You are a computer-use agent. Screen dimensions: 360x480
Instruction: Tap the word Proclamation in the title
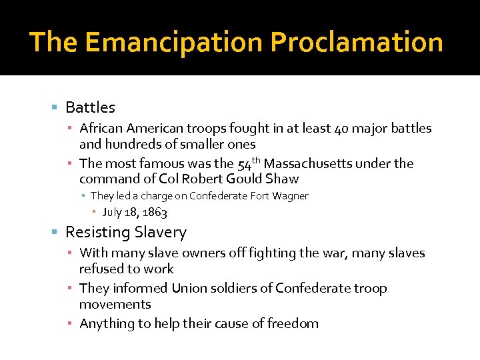(356, 43)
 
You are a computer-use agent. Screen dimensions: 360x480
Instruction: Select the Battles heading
(90, 107)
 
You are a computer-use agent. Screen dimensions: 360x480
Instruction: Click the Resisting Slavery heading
(126, 232)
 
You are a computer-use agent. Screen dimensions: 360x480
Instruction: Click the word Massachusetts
(308, 163)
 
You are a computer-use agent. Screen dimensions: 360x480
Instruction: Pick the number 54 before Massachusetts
(244, 165)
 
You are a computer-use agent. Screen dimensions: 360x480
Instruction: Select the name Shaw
(281, 179)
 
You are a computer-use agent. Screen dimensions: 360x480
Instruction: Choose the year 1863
(154, 213)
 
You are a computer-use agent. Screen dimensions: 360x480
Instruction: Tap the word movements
(115, 304)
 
